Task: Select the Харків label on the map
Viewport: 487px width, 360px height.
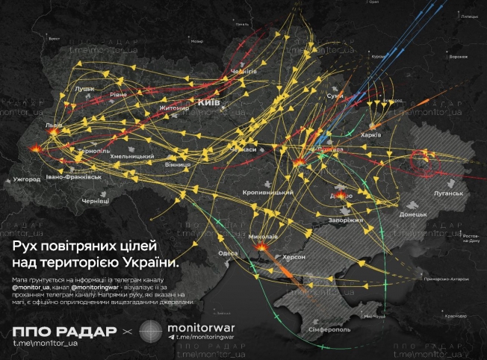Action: pos(371,135)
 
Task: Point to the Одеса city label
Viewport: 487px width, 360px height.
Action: pos(229,253)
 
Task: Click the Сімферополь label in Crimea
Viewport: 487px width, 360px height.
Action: pos(323,329)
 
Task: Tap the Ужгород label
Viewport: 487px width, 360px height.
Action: pos(26,179)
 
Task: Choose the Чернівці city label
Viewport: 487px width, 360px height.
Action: pos(95,201)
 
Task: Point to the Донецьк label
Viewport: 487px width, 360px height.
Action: pos(413,214)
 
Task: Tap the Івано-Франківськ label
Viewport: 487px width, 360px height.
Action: pos(73,177)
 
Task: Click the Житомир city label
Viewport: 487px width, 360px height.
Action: pos(174,108)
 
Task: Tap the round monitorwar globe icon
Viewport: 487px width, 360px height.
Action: pos(151,331)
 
